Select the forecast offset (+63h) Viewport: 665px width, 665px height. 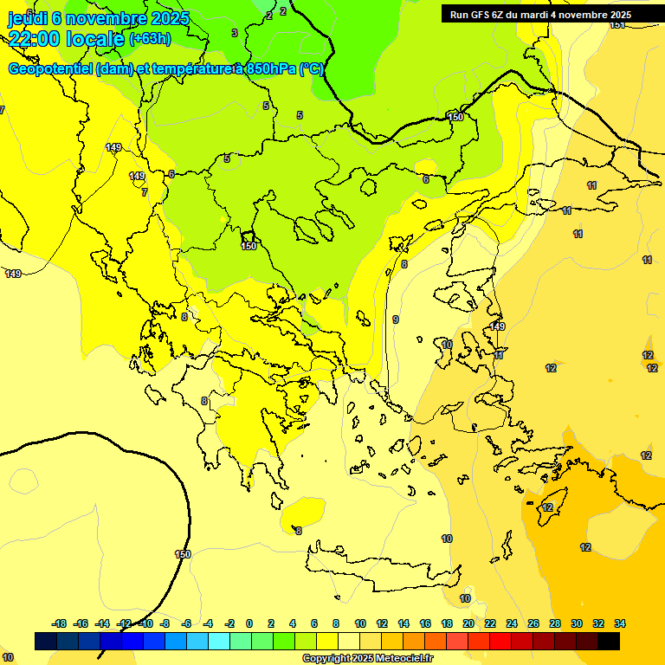pyautogui.click(x=150, y=39)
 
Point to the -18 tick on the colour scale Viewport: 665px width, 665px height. pyautogui.click(x=60, y=623)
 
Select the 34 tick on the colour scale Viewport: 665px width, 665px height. pyautogui.click(x=620, y=623)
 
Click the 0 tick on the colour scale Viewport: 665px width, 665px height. pyautogui.click(x=249, y=623)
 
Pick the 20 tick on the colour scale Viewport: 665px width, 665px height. pyautogui.click(x=468, y=623)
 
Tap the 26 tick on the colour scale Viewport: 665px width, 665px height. pyautogui.click(x=533, y=623)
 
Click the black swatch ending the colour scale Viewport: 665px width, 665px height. pyautogui.click(x=609, y=642)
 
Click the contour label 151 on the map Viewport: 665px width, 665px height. pyautogui.click(x=617, y=24)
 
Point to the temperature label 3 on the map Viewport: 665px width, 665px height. pyautogui.click(x=235, y=33)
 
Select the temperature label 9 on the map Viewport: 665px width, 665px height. pyautogui.click(x=396, y=320)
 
